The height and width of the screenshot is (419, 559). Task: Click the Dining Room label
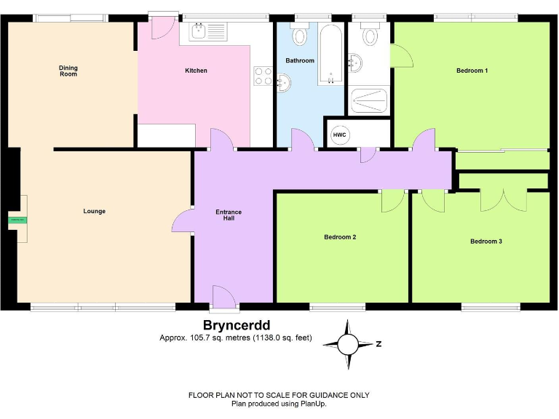68,71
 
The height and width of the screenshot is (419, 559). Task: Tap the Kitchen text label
196,71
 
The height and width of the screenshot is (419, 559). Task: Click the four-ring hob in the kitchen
263,76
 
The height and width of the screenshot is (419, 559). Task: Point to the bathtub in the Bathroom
330,55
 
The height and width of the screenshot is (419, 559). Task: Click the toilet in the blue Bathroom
300,34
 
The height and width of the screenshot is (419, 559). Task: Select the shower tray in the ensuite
370,100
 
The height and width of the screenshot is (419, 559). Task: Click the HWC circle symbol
340,135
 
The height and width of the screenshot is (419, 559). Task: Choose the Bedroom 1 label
472,71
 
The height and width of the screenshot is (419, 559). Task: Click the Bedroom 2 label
340,237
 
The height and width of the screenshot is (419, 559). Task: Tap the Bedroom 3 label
485,242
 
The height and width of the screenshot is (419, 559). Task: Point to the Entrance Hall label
229,215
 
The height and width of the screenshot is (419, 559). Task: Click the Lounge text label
95,212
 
